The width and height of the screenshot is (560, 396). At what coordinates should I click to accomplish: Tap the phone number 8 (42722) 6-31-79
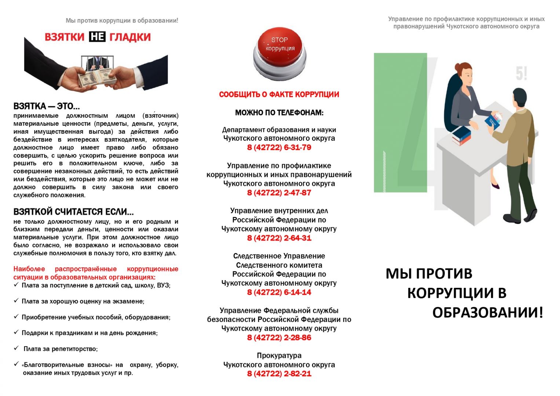pos(279,147)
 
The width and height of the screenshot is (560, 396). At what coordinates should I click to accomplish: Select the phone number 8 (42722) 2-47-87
pos(279,192)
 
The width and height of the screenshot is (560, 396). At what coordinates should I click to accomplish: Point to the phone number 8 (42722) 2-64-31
pos(279,238)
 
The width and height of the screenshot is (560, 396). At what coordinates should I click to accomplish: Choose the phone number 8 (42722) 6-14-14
pos(279,292)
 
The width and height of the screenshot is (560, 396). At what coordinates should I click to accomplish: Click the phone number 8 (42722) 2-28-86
pos(279,338)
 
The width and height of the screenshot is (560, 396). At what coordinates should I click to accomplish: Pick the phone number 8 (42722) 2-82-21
pos(279,374)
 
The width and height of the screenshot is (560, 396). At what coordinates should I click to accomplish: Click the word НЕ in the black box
pos(97,37)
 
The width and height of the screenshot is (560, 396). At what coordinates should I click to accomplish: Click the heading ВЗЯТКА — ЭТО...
pos(47,106)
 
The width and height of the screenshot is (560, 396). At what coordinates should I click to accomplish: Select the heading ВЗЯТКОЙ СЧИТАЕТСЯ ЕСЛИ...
pos(73,212)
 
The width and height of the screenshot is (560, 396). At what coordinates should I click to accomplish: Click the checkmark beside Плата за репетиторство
pos(16,348)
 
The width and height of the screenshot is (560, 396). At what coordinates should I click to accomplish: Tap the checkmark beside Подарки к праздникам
pos(16,332)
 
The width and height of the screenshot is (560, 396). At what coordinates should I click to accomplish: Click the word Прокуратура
pos(279,355)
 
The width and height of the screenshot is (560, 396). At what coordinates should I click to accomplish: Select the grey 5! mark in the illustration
pos(521,74)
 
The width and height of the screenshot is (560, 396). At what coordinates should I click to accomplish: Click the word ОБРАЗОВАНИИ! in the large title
pos(487,313)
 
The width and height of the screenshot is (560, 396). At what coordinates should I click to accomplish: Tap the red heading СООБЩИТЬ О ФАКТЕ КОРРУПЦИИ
pos(279,95)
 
